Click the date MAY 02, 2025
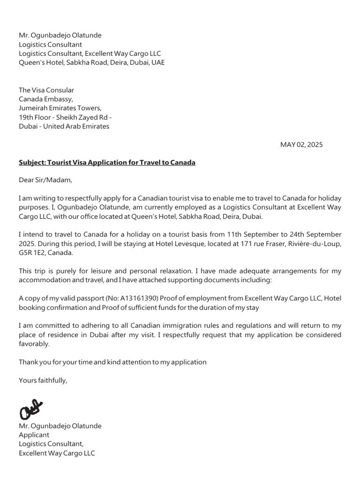pyautogui.click(x=301, y=144)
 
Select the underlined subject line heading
pyautogui.click(x=107, y=162)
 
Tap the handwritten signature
pyautogui.click(x=30, y=409)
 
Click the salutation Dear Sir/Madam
pyautogui.click(x=45, y=180)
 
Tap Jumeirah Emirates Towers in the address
pyautogui.click(x=60, y=108)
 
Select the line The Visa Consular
pyautogui.click(x=46, y=90)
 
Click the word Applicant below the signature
pyautogui.click(x=34, y=435)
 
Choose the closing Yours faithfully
pyautogui.click(x=43, y=380)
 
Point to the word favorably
pyautogui.click(x=34, y=344)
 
